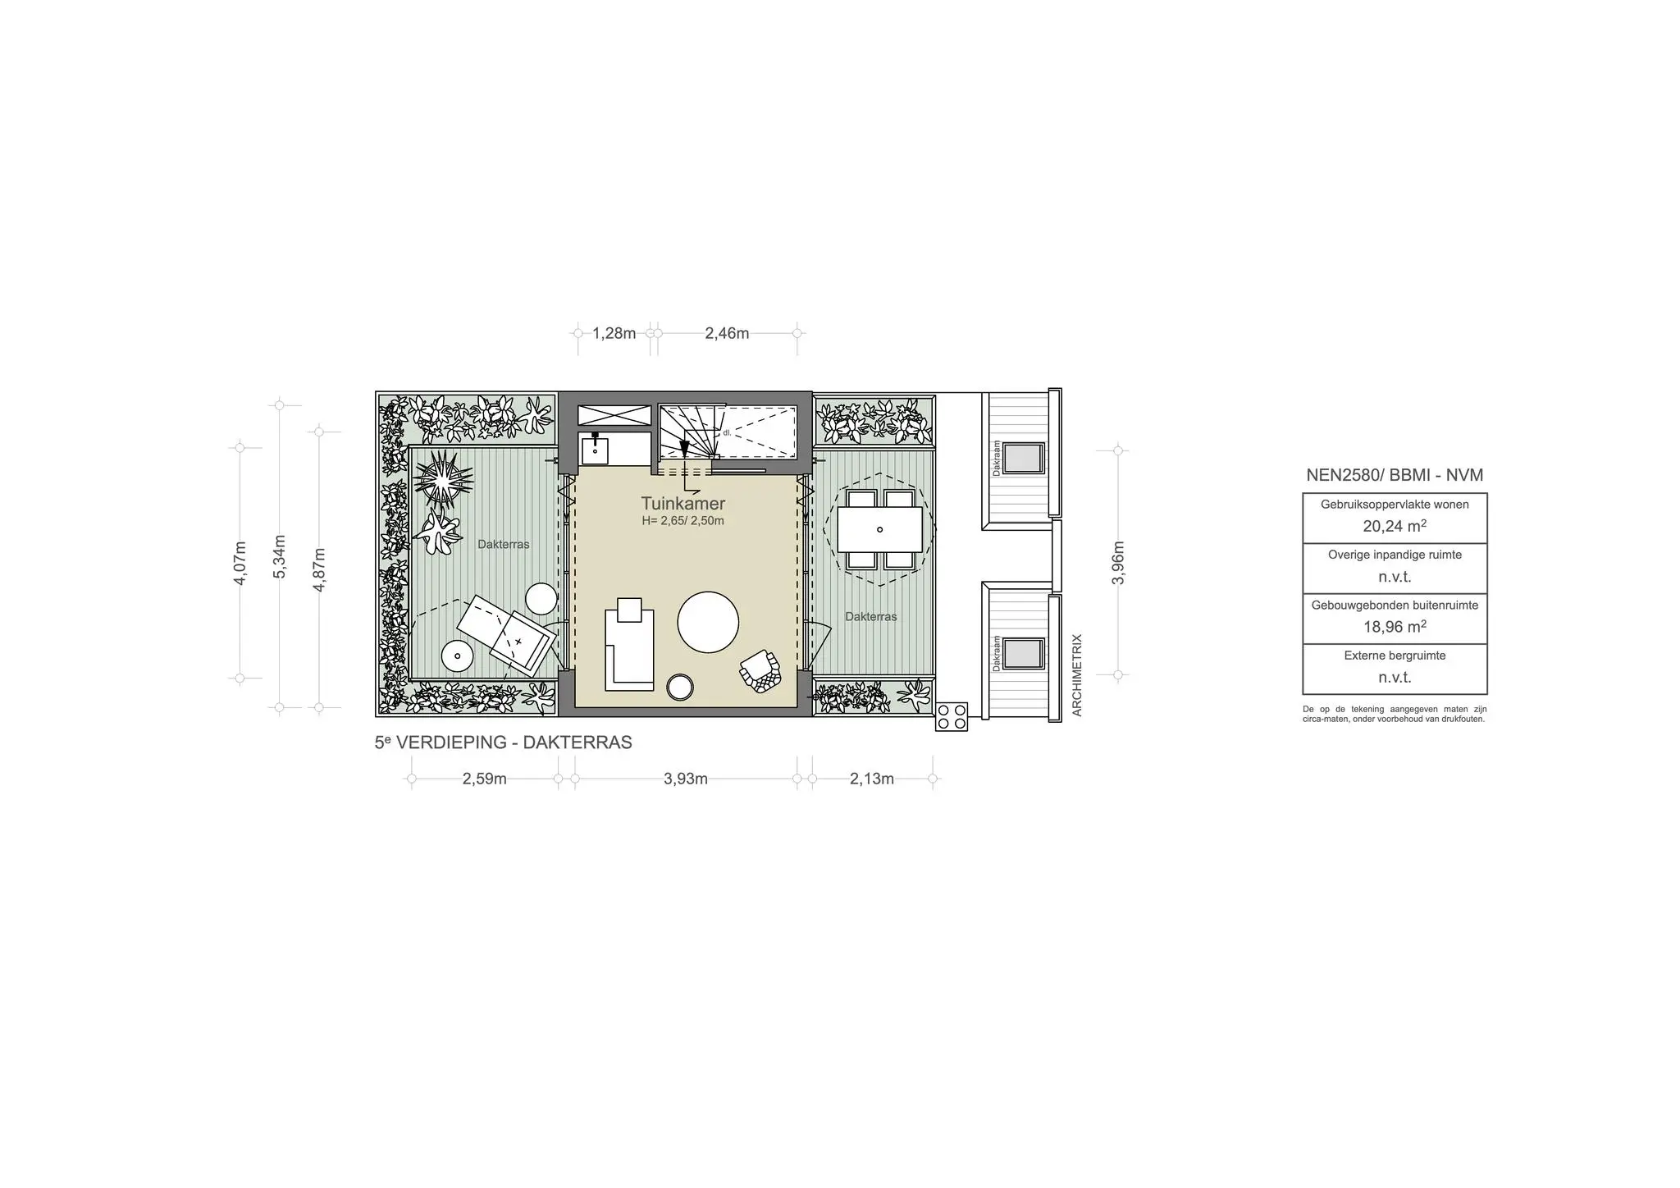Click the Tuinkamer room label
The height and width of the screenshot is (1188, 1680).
pyautogui.click(x=682, y=504)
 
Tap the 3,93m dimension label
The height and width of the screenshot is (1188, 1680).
pyautogui.click(x=685, y=779)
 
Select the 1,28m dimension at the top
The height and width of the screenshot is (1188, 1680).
pyautogui.click(x=614, y=333)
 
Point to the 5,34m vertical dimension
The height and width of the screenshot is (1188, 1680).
pyautogui.click(x=280, y=556)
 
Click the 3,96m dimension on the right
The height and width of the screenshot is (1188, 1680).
pyautogui.click(x=1118, y=563)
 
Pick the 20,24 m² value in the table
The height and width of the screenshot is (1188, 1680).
pyautogui.click(x=1394, y=526)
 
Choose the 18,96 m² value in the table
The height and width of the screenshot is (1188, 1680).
pyautogui.click(x=1394, y=627)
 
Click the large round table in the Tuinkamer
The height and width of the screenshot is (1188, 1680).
pyautogui.click(x=708, y=622)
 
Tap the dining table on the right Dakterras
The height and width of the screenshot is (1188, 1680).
pyautogui.click(x=879, y=529)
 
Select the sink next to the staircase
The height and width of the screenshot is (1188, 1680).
pyautogui.click(x=595, y=450)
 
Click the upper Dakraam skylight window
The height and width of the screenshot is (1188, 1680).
pyautogui.click(x=1023, y=458)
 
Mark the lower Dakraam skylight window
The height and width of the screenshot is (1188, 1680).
pyautogui.click(x=1023, y=653)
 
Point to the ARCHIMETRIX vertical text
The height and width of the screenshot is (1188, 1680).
pyautogui.click(x=1077, y=674)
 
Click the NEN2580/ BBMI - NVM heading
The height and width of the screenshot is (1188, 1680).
pyautogui.click(x=1394, y=475)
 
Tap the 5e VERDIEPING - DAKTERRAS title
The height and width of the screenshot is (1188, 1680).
pyautogui.click(x=503, y=742)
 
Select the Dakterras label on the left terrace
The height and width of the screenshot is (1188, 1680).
pyautogui.click(x=503, y=544)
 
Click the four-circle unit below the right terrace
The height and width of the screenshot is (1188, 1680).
pyautogui.click(x=952, y=716)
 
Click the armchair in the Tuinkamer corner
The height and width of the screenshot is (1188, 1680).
pyautogui.click(x=760, y=671)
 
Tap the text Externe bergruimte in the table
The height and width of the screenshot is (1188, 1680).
pyautogui.click(x=1394, y=656)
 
